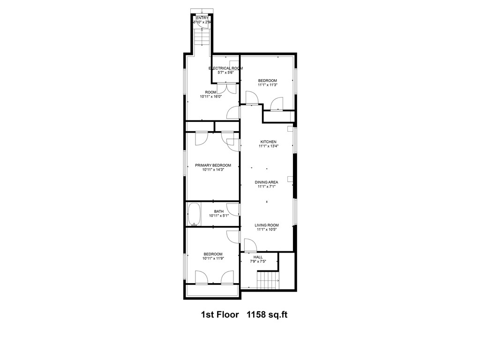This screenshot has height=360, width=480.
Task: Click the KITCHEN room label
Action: point(268,142)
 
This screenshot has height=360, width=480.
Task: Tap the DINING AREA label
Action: point(267,182)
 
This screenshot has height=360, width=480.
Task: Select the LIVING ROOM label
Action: point(267,225)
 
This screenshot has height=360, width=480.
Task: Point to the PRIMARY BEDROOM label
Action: point(213,165)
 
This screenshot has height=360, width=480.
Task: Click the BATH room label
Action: point(219,211)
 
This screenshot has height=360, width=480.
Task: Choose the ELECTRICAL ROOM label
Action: point(225,68)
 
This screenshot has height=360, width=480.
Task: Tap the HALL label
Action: point(258,257)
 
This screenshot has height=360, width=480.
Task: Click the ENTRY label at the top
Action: point(202,18)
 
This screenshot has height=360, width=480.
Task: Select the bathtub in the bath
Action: point(194,214)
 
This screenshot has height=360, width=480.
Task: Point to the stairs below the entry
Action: point(202,37)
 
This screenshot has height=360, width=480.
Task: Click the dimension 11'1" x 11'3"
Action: point(268,85)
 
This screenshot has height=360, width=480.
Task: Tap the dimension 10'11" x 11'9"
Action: point(213,258)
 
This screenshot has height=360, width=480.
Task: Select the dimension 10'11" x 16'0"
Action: point(210,97)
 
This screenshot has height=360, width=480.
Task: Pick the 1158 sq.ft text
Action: point(267,314)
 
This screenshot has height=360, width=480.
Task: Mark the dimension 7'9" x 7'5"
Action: point(258,262)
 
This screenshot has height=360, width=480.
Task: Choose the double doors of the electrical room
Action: point(226,88)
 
